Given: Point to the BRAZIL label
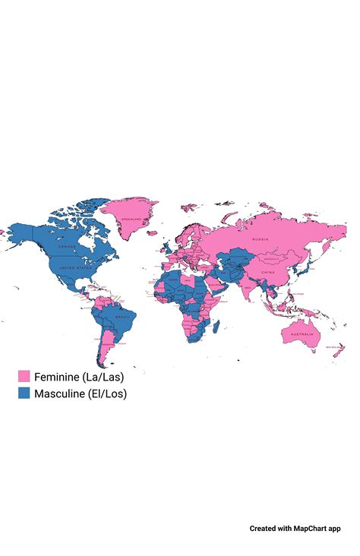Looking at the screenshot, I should [119, 316].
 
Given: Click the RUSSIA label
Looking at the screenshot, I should [261, 239].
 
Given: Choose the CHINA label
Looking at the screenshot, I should [267, 272].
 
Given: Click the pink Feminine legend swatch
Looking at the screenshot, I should [24, 377].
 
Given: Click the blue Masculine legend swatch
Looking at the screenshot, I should [24, 393].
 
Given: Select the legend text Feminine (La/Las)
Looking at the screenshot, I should [79, 377].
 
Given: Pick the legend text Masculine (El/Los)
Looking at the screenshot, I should [81, 393].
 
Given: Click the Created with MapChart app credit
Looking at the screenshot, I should [299, 528].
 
